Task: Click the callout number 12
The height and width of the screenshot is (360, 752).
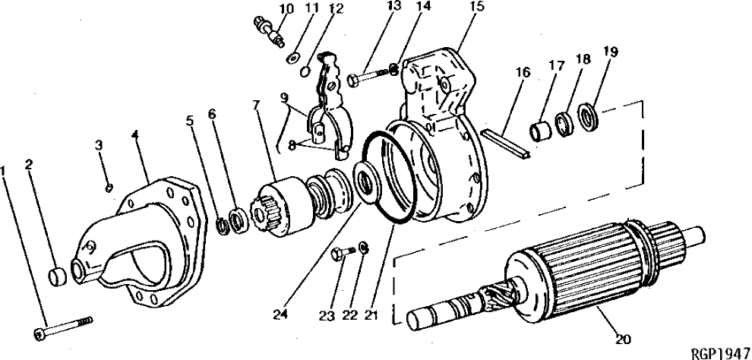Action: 336,9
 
